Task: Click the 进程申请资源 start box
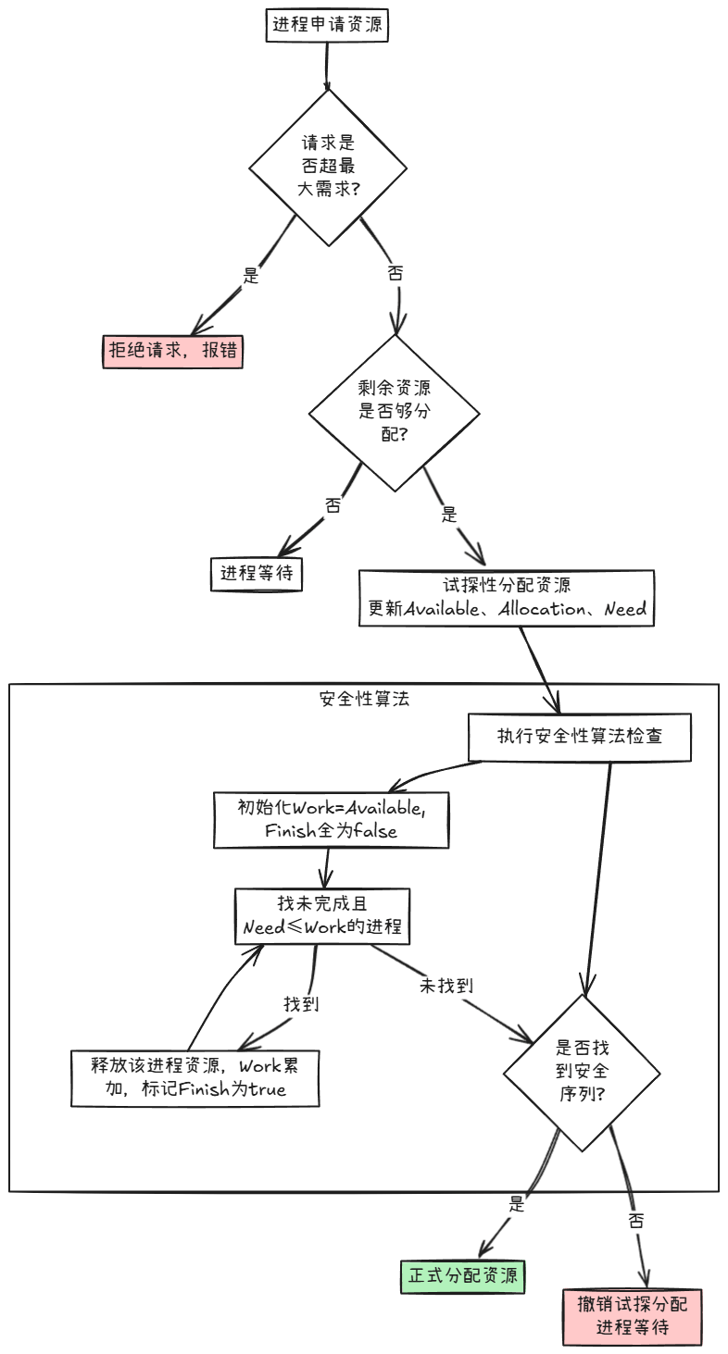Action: coord(326,25)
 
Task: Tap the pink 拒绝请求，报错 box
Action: coord(172,352)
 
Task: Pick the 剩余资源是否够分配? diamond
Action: coord(394,413)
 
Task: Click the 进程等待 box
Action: coord(257,573)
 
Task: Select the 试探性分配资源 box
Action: coord(507,598)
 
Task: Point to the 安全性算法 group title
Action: coord(363,699)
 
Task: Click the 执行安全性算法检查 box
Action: coord(579,738)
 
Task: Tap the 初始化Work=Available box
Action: coord(331,819)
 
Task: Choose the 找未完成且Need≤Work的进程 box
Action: coord(322,916)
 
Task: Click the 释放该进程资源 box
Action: coord(195,1077)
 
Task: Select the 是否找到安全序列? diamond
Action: coord(582,1073)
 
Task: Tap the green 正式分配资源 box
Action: coord(462,1276)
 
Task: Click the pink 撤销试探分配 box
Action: coord(633,1316)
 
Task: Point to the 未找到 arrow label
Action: coord(446,987)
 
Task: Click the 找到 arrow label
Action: coord(301,1003)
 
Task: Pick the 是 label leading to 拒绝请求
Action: coord(250,275)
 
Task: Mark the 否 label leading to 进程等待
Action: coord(333,504)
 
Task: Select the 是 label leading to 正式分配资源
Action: coord(517,1204)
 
